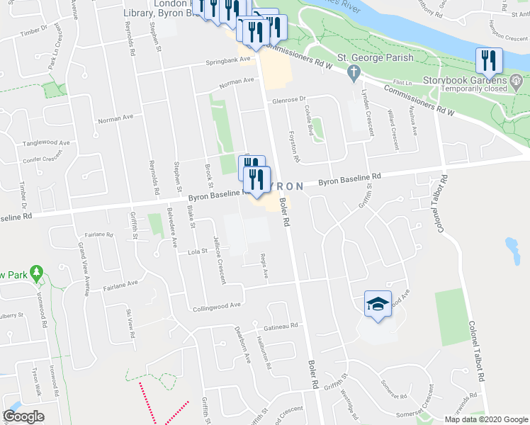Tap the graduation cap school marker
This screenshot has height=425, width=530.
pyautogui.click(x=378, y=305)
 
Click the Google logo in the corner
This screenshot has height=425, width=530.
pyautogui.click(x=23, y=416)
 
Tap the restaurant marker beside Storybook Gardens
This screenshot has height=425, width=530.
pyautogui.click(x=489, y=62)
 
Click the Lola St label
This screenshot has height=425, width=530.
pyautogui.click(x=196, y=250)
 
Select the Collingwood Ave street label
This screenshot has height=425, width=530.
pyautogui.click(x=217, y=305)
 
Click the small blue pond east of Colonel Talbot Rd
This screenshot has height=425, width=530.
pyautogui.click(x=512, y=248)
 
